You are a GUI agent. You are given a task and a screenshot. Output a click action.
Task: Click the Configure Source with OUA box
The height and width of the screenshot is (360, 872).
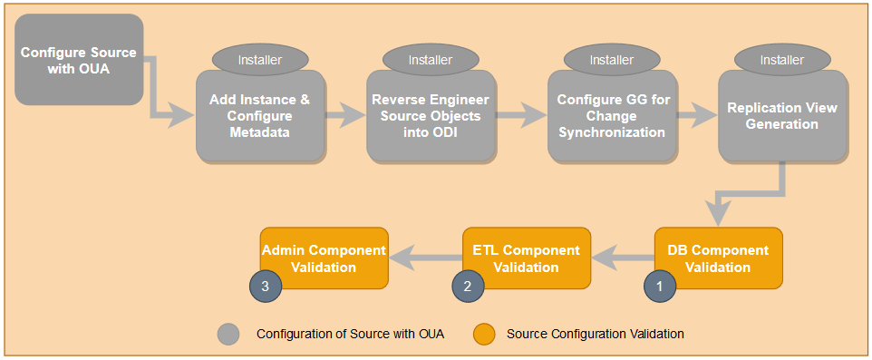coord(78,60)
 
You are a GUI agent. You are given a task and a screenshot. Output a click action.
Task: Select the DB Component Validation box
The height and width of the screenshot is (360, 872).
coord(718,258)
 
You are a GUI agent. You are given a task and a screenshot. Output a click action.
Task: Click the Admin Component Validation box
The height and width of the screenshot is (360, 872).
coord(324,258)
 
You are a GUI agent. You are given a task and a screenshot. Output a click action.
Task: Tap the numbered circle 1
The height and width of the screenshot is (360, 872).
coord(659,285)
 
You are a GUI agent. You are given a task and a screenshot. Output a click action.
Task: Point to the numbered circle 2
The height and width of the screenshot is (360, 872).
coord(468,285)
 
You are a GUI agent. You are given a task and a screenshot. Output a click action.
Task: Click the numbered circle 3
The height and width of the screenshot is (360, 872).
coord(265,285)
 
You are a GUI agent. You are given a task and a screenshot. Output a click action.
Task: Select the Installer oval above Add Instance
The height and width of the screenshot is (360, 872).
coord(259,60)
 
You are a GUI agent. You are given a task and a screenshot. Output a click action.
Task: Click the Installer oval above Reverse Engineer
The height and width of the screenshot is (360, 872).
coord(430,60)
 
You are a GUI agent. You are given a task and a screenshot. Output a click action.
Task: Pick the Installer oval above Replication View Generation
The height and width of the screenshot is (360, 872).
coord(782,60)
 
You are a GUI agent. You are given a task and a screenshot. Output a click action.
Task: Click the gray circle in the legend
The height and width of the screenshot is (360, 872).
coord(229,334)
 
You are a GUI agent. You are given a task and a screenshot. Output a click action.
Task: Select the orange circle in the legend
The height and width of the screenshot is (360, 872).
coord(486,334)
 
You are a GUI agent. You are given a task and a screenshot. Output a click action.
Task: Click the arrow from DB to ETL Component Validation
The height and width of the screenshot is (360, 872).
coord(622,259)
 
